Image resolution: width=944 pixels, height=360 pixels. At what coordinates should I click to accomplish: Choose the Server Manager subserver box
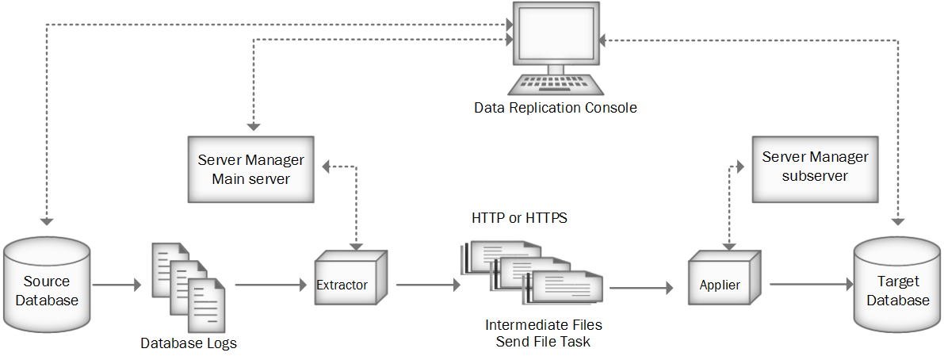pos(815,166)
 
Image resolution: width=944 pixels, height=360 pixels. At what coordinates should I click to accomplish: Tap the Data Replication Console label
pos(555,108)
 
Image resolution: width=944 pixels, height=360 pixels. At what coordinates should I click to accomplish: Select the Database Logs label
pos(189,343)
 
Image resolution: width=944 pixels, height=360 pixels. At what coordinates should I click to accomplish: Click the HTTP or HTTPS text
pos(519,217)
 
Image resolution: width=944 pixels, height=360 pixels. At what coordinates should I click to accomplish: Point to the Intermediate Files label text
pos(544,325)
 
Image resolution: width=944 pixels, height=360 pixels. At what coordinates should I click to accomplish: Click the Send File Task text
pos(544,342)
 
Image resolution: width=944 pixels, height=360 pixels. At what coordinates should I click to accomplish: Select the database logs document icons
pos(188,286)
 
